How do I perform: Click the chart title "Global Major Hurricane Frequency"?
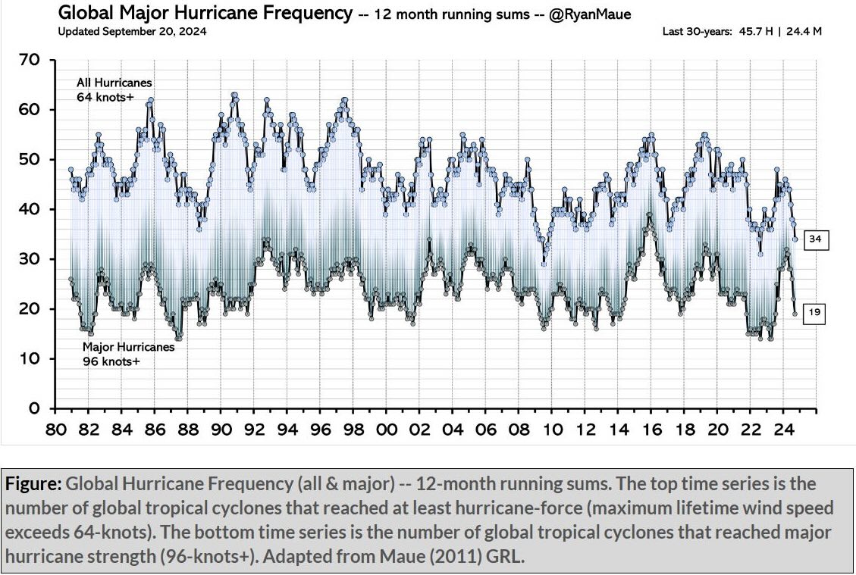[205, 13]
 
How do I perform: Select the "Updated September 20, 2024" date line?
[132, 31]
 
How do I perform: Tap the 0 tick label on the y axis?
[43, 409]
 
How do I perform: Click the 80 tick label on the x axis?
[56, 430]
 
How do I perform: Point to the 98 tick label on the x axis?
[353, 430]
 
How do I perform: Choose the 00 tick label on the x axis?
[386, 430]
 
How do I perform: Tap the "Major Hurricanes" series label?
[128, 347]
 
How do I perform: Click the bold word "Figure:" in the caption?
[33, 483]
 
